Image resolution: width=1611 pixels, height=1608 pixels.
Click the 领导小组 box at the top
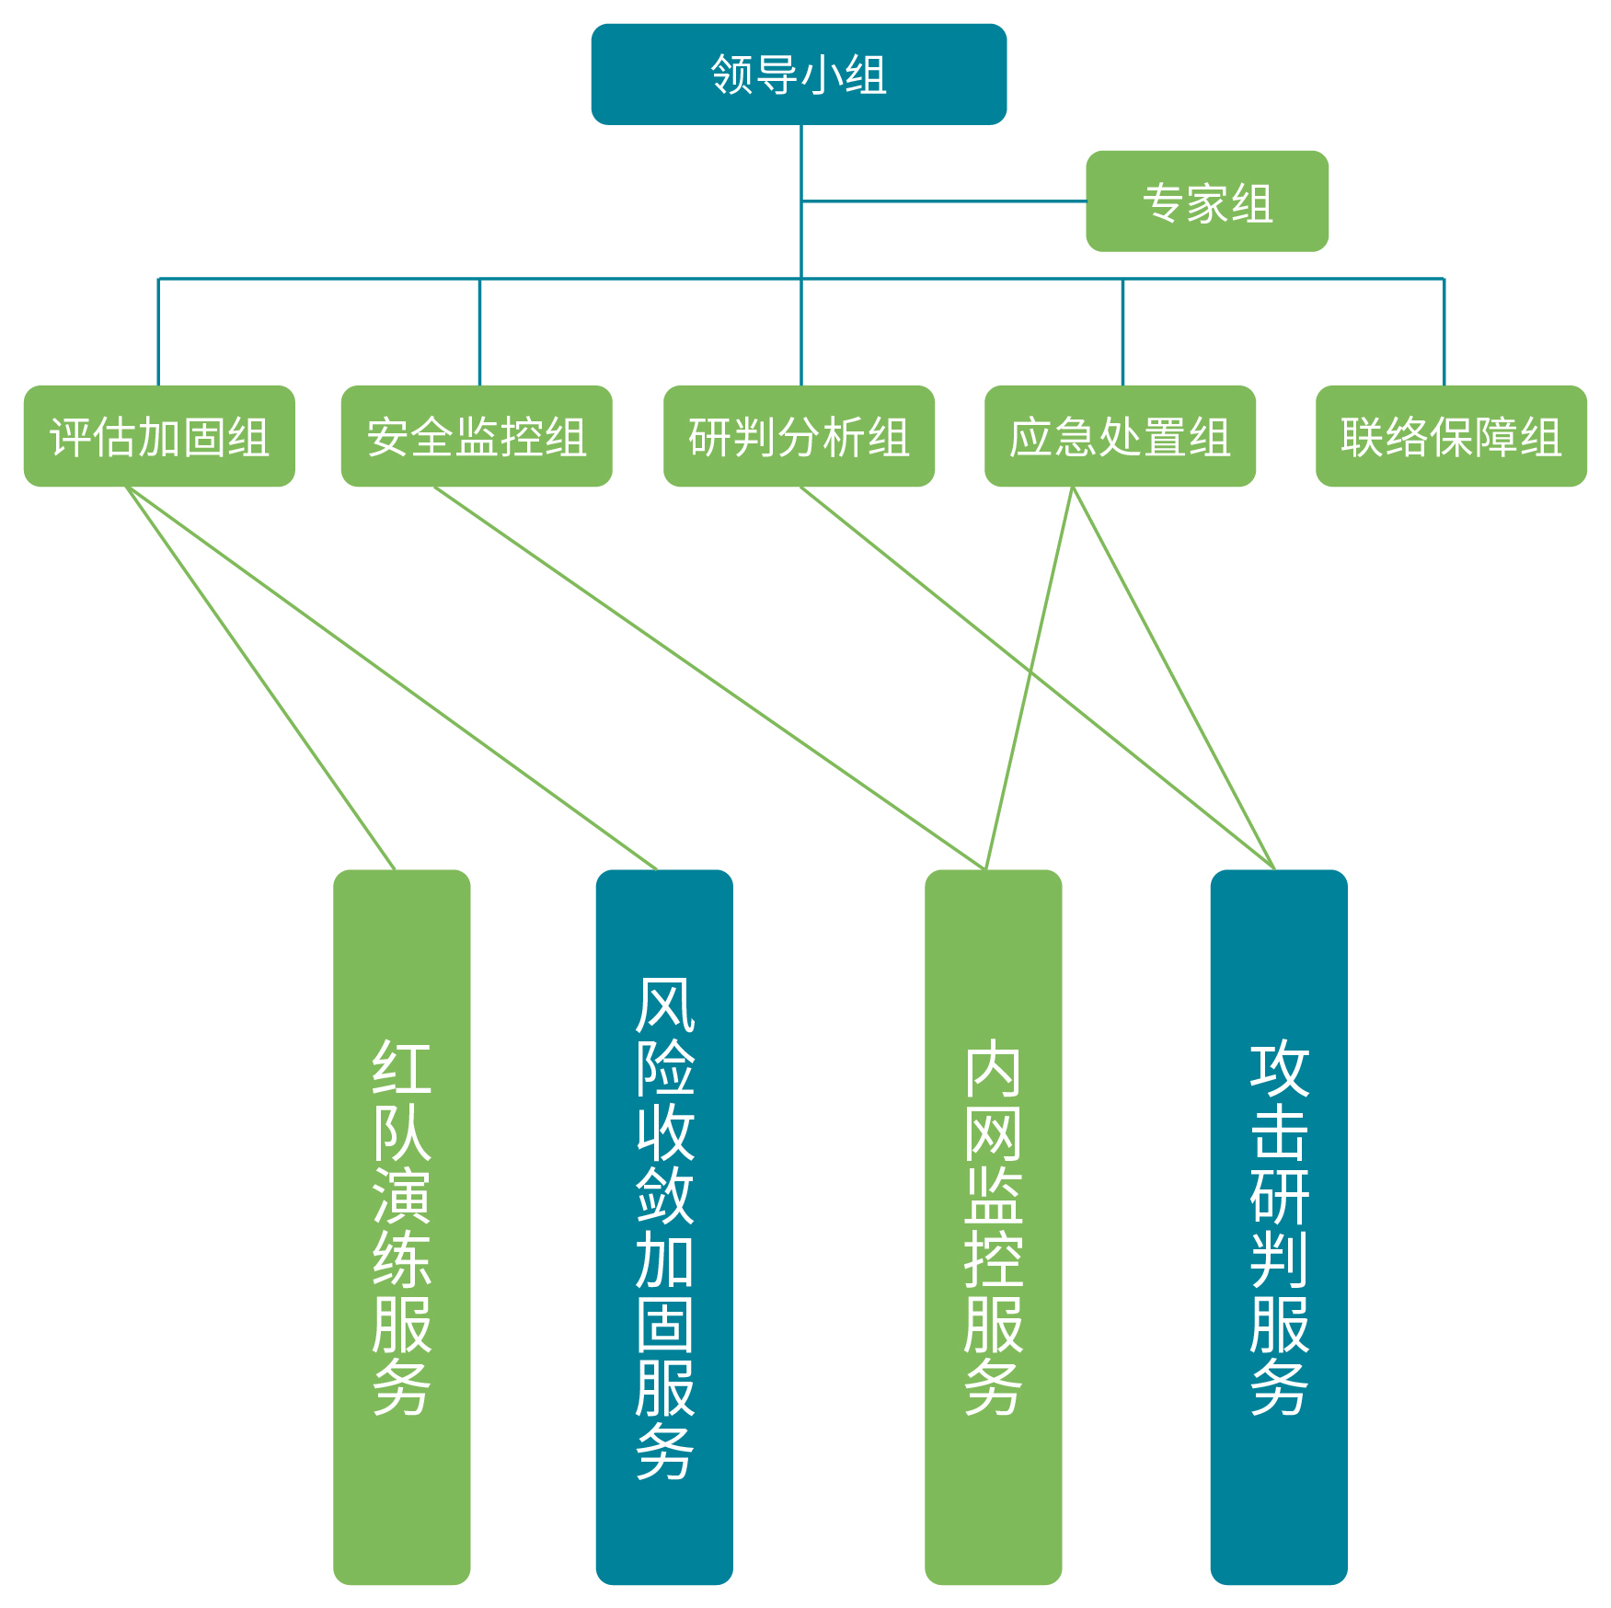pos(798,75)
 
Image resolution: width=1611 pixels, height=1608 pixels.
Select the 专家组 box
pos(1206,201)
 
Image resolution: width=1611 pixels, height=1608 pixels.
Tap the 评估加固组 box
pos(159,436)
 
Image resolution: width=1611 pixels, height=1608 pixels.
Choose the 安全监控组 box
pos(476,436)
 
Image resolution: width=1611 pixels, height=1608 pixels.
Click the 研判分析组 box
pos(799,436)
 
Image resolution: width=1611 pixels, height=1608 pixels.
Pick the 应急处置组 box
pos(1120,436)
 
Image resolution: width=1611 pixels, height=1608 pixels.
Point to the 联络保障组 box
pos(1451,436)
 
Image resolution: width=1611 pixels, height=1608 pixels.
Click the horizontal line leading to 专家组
pos(943,201)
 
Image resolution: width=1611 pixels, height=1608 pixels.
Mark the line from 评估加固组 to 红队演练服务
pos(260,678)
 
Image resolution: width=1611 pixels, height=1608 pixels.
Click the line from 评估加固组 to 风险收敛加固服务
pos(391,678)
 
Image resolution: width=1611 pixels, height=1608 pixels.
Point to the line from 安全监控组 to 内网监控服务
pos(708,678)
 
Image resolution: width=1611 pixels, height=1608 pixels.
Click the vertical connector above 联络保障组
pos(1444,331)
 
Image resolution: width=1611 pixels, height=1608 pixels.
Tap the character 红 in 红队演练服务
pos(401,1067)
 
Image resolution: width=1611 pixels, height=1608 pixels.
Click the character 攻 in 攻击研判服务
pos(1279,1067)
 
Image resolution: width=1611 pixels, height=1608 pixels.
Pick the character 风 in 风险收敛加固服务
pos(664,1005)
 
